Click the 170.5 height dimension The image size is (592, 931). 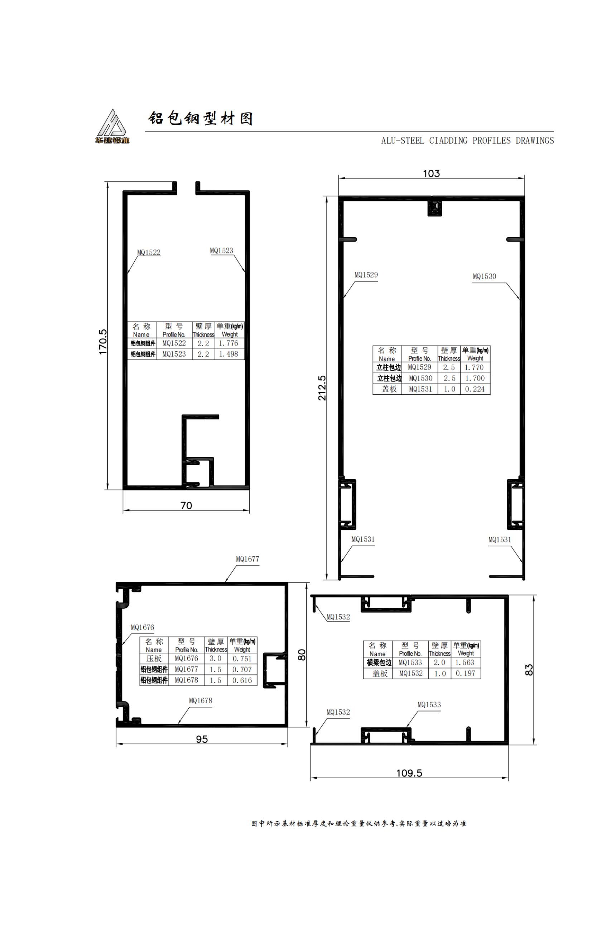click(103, 342)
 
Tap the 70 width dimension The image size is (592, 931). click(186, 505)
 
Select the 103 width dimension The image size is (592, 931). click(431, 174)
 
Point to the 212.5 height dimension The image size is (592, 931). click(322, 388)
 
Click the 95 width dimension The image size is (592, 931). click(202, 739)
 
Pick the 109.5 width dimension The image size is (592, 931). click(409, 773)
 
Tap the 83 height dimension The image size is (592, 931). click(529, 669)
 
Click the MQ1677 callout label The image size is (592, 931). click(247, 559)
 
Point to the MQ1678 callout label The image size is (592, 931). click(201, 700)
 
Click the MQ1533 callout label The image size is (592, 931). click(429, 705)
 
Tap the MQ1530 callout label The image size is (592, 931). click(484, 276)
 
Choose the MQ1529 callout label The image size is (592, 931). click(366, 275)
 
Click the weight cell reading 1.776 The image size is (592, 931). click(228, 343)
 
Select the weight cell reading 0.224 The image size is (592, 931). click(475, 389)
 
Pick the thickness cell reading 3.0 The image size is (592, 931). click(216, 659)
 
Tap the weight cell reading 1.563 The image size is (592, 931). click(465, 662)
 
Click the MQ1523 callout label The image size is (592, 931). click(221, 251)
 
